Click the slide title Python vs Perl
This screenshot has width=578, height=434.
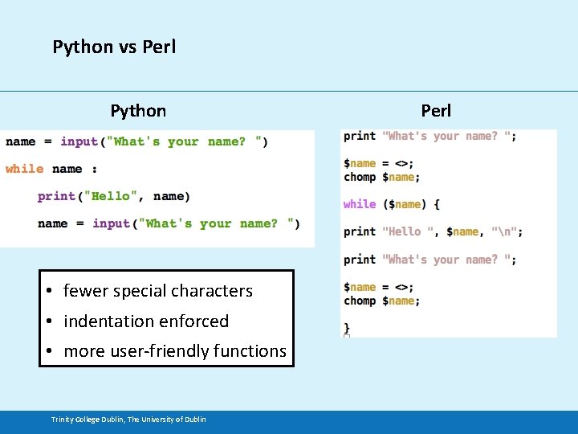[x=114, y=47]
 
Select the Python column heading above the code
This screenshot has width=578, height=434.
[x=138, y=111]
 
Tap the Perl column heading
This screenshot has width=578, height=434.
[x=436, y=111]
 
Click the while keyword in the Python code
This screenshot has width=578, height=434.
[x=24, y=169]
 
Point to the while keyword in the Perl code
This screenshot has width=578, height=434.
[x=360, y=204]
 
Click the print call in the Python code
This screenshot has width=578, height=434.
[x=56, y=196]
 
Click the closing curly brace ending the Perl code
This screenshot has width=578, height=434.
[x=347, y=327]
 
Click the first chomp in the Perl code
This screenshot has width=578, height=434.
[x=360, y=177]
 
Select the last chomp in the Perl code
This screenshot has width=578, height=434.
[x=360, y=301]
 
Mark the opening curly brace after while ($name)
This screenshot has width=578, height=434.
[x=436, y=204]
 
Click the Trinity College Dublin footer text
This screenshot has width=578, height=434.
[x=128, y=419]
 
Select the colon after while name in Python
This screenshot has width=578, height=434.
[x=95, y=170]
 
